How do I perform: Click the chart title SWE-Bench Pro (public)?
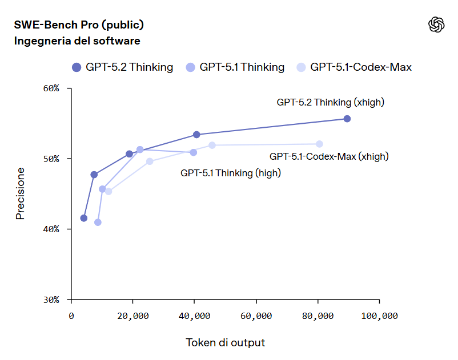click(78, 25)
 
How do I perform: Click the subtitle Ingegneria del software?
click(77, 41)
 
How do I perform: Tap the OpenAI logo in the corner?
click(436, 25)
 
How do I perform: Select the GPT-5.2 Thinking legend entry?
click(122, 67)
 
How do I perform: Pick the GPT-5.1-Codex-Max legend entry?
click(353, 67)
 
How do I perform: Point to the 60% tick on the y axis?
click(52, 88)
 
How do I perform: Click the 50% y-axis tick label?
click(52, 159)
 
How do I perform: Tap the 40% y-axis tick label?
click(52, 229)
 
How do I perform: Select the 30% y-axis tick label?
click(52, 300)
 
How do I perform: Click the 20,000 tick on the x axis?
click(133, 315)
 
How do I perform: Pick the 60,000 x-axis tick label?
click(256, 315)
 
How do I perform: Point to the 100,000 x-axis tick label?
click(379, 315)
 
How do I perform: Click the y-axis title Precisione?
click(21, 193)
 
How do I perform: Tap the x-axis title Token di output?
click(225, 343)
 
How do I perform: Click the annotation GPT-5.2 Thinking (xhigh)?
click(330, 103)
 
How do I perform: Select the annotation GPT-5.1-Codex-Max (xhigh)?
click(328, 156)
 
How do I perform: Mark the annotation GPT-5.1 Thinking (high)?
click(231, 172)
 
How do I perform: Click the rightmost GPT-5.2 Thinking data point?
click(347, 119)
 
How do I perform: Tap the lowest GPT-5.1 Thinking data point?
click(98, 222)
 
